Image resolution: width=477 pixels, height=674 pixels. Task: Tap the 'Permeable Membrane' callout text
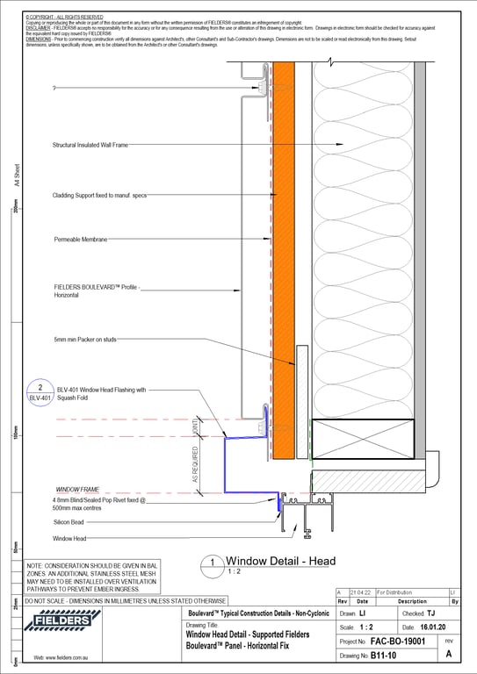pyautogui.click(x=81, y=239)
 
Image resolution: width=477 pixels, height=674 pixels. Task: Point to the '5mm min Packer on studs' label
pyautogui.click(x=85, y=339)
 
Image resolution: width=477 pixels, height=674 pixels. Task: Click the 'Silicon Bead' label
pyautogui.click(x=69, y=521)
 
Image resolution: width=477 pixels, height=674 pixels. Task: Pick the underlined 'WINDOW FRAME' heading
pyautogui.click(x=78, y=488)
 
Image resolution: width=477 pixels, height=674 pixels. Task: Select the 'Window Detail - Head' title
pyautogui.click(x=281, y=561)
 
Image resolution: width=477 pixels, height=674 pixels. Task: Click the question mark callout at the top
pyautogui.click(x=54, y=89)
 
